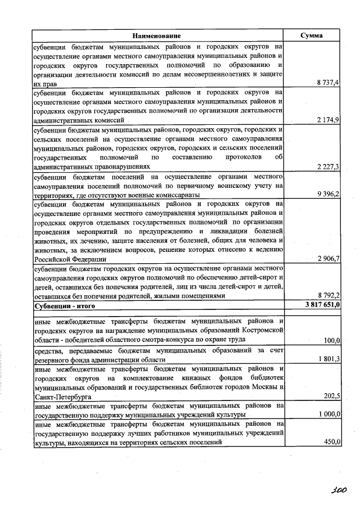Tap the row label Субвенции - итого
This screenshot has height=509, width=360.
(65, 306)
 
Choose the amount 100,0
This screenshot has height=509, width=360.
(332, 340)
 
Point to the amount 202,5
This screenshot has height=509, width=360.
(332, 396)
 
